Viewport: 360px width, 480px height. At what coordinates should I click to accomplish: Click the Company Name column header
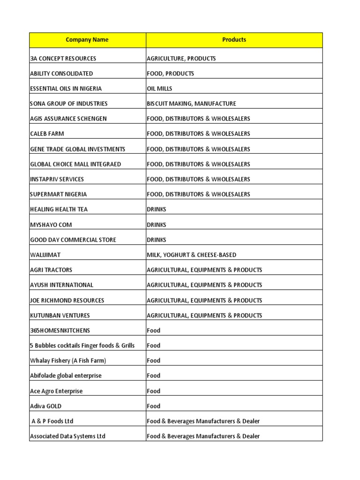87,40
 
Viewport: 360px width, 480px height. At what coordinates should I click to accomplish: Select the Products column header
234,40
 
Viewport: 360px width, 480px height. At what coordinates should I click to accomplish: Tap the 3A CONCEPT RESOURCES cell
63,59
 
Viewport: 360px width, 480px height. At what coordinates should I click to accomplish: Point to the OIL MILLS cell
159,89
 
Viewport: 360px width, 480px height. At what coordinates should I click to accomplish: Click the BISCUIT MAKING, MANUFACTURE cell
191,104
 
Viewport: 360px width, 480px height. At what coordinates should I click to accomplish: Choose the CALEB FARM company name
47,134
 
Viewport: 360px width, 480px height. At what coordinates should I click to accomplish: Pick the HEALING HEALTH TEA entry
59,209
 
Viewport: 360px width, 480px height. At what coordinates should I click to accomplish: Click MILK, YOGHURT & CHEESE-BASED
191,255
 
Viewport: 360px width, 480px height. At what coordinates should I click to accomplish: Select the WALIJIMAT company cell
45,255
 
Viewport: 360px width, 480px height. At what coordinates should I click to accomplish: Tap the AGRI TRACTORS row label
51,270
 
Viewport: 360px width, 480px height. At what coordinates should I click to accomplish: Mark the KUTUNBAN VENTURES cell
60,315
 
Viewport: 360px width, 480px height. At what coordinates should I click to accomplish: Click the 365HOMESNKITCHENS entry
60,330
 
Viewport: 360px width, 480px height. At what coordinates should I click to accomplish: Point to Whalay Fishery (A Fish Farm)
68,360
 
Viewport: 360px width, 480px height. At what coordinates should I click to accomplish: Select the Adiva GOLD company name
46,406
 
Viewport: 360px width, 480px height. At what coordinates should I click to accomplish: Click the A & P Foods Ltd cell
52,421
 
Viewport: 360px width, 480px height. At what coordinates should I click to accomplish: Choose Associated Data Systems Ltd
67,436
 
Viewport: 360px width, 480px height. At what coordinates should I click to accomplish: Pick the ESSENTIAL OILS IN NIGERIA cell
66,89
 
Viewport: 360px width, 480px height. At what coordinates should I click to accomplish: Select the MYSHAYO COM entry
51,225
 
